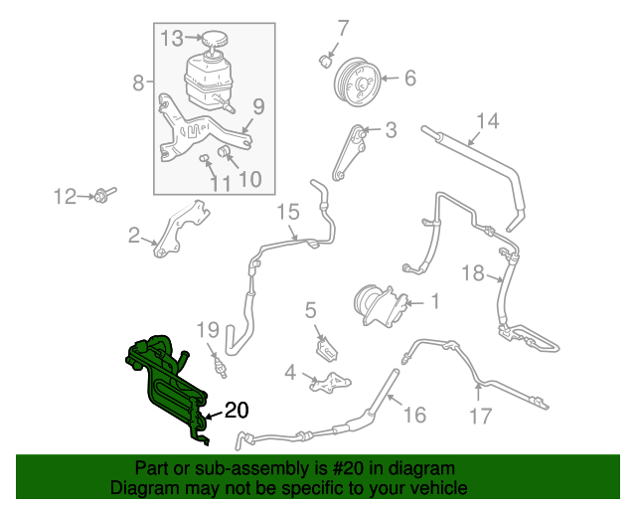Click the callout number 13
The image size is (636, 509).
[173, 38]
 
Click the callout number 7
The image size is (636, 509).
[344, 27]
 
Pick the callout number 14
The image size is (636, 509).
[486, 122]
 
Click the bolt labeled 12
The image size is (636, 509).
[104, 194]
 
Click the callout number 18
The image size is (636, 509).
[471, 273]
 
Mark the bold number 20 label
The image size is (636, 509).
[236, 410]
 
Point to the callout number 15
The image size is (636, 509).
[287, 211]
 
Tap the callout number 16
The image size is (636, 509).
[413, 416]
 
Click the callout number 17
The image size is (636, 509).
[480, 416]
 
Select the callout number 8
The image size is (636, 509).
[138, 84]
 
